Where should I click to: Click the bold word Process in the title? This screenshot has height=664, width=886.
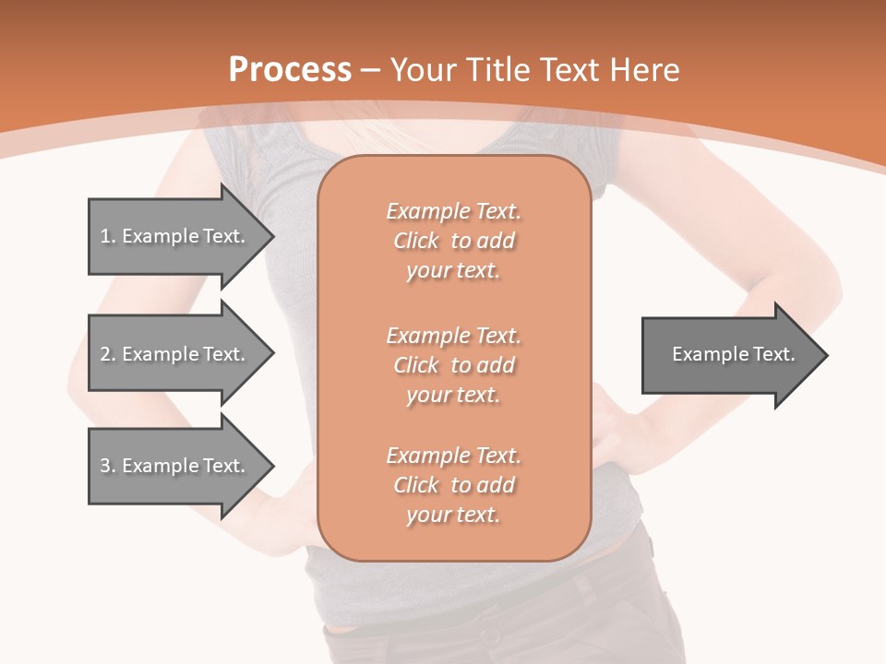pos(290,70)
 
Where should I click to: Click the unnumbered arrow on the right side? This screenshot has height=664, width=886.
pos(729,354)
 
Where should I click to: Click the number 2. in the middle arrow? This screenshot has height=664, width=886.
pos(108,354)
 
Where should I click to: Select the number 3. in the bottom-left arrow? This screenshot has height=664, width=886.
pos(108,466)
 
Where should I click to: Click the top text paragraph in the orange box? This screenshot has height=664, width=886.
pos(453,241)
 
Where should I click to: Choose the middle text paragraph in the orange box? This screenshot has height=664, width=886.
pos(453,365)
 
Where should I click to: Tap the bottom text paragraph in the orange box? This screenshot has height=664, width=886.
pos(453,485)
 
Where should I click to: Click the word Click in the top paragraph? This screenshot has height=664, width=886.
pos(416,241)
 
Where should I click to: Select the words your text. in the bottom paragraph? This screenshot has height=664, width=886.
pos(453,515)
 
